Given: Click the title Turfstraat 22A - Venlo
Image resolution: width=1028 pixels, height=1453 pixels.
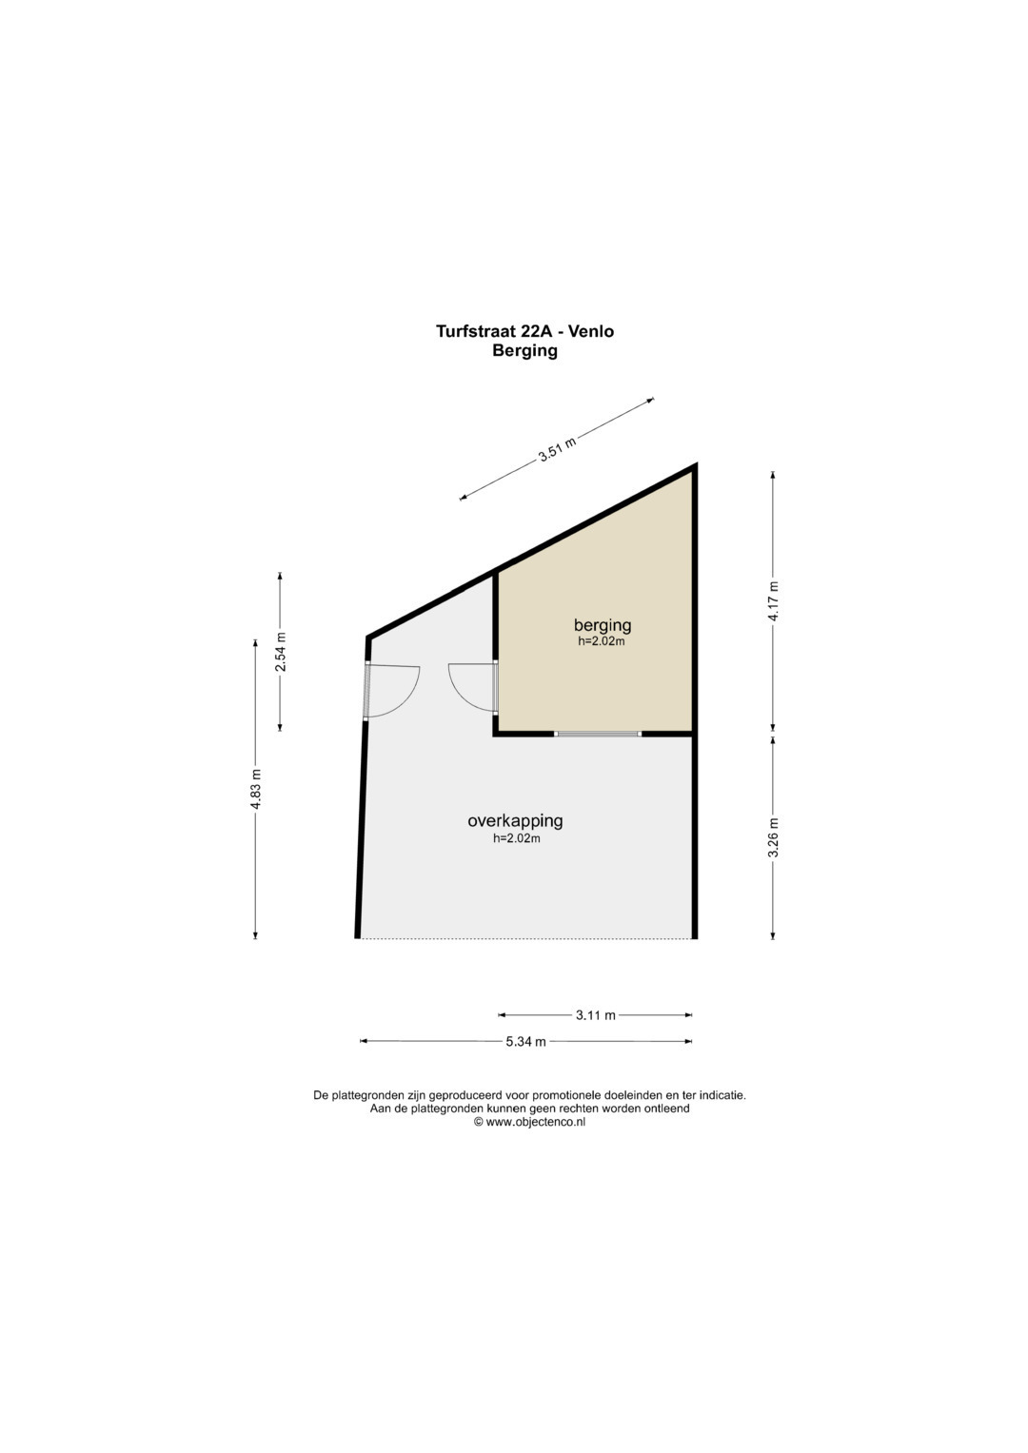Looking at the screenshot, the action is [x=524, y=331].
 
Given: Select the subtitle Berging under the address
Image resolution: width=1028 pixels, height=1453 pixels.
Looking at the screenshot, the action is [x=524, y=351].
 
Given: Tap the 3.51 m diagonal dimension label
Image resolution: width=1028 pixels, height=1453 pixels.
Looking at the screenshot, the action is [x=558, y=448].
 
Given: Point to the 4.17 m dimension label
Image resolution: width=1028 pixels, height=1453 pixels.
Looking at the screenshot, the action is [x=773, y=601].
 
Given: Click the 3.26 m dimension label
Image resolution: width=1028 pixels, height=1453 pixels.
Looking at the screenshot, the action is [x=773, y=837].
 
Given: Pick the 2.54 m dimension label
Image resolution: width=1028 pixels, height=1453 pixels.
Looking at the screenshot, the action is [x=281, y=651].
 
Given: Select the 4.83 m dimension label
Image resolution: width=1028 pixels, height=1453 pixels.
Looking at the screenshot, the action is [x=256, y=789].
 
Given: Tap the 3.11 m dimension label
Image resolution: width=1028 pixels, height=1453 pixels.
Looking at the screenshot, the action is [x=595, y=1015].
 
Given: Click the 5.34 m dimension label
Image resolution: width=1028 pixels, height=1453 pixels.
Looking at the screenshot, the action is [x=525, y=1042].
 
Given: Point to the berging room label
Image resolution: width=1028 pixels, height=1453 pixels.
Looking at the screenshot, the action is [x=603, y=625].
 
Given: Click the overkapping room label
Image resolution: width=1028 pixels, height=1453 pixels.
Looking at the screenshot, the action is [x=515, y=821].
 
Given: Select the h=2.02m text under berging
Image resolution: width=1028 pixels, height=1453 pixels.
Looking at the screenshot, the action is [x=602, y=641].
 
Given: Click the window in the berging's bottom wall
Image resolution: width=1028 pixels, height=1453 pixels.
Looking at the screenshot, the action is [x=598, y=734].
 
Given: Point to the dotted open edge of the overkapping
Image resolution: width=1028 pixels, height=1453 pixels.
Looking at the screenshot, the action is [x=526, y=938].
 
